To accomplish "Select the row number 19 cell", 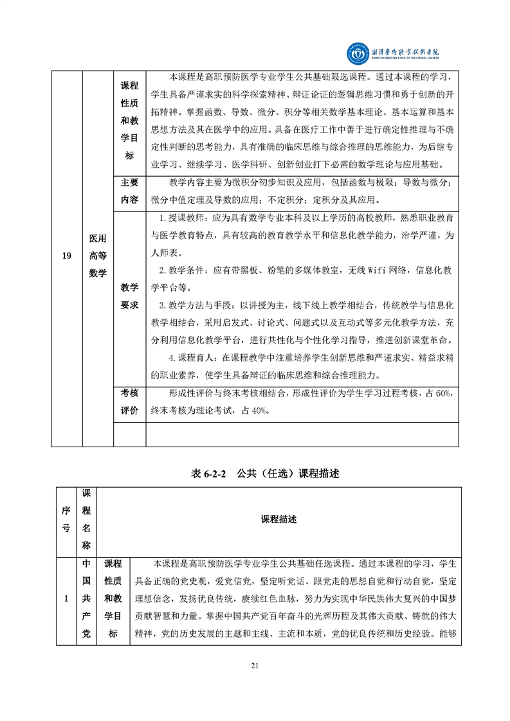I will (66, 257).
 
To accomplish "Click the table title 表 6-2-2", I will (210, 474).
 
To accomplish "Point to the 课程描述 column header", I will (278, 519).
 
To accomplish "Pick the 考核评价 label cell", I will (129, 402).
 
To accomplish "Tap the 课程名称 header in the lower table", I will (87, 519).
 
